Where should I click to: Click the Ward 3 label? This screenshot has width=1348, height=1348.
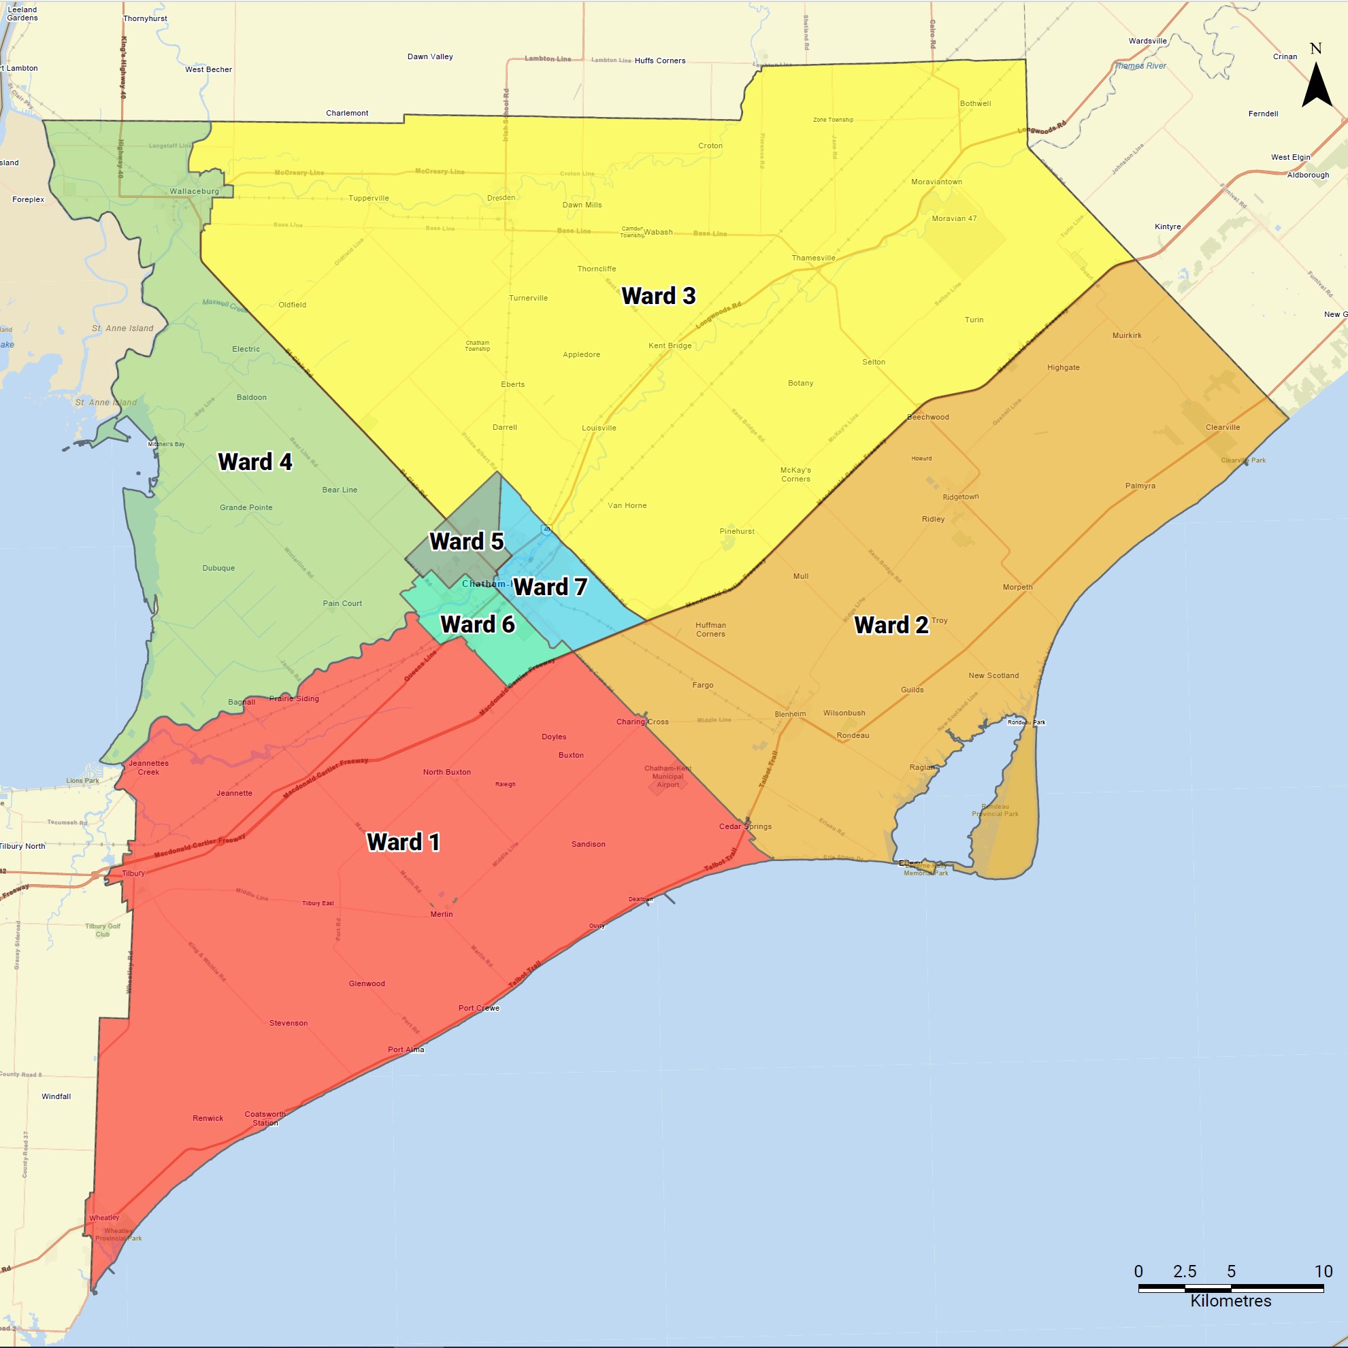pos(658,296)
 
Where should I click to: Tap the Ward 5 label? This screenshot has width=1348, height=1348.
pos(466,541)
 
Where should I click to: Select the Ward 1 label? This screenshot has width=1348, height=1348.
pos(404,842)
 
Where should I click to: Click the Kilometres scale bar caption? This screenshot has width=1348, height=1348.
pos(1231,1300)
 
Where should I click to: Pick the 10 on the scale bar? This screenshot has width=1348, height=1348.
pos(1323,1271)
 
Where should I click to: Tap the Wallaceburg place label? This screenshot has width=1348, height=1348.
pos(194,191)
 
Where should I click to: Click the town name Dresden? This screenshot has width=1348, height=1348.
pos(502,197)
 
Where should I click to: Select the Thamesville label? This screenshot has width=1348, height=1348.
pos(813,258)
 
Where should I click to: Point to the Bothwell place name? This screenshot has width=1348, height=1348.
pos(975,104)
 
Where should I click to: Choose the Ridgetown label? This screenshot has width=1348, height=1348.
pos(961,496)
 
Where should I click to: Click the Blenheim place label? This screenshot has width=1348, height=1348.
pos(790,713)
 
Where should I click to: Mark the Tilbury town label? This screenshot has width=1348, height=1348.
pos(133,873)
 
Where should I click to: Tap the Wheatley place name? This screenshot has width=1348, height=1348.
pos(104,1217)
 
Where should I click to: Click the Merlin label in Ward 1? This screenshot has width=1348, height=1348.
pos(441,914)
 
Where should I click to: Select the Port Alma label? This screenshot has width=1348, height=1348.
pos(406,1049)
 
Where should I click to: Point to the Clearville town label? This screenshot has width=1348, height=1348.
pos(1222,427)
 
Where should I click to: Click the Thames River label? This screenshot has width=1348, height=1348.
pos(1140,66)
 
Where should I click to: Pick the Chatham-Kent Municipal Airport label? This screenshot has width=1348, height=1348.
pos(668,776)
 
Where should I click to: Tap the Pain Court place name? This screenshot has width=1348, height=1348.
pos(342,603)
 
